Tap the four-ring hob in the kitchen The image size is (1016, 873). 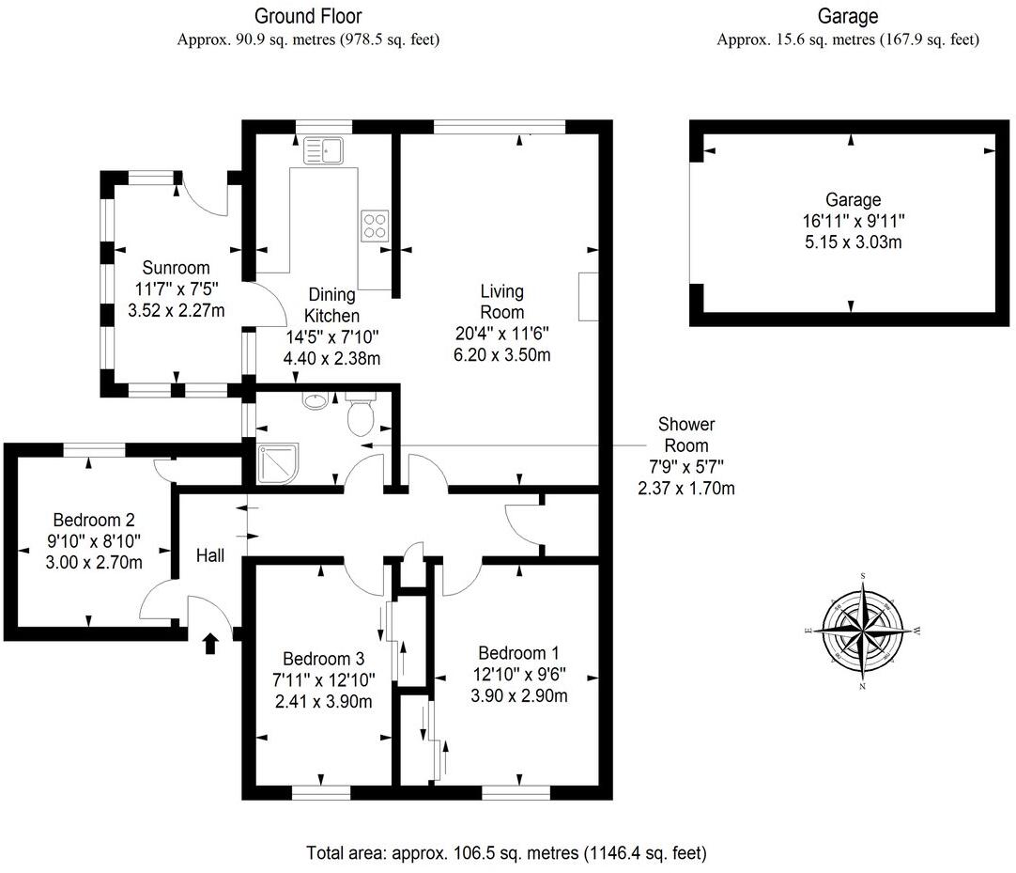(374, 225)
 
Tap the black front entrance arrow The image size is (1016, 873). (210, 643)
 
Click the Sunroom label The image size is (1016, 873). (177, 269)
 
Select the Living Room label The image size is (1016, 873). (501, 302)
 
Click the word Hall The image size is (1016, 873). (210, 556)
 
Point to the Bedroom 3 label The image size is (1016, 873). (324, 659)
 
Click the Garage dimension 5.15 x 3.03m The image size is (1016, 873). (853, 242)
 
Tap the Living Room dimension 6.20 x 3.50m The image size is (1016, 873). (502, 354)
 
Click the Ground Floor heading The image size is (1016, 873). (308, 16)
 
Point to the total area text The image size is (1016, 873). (506, 853)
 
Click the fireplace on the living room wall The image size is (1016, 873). (589, 297)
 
